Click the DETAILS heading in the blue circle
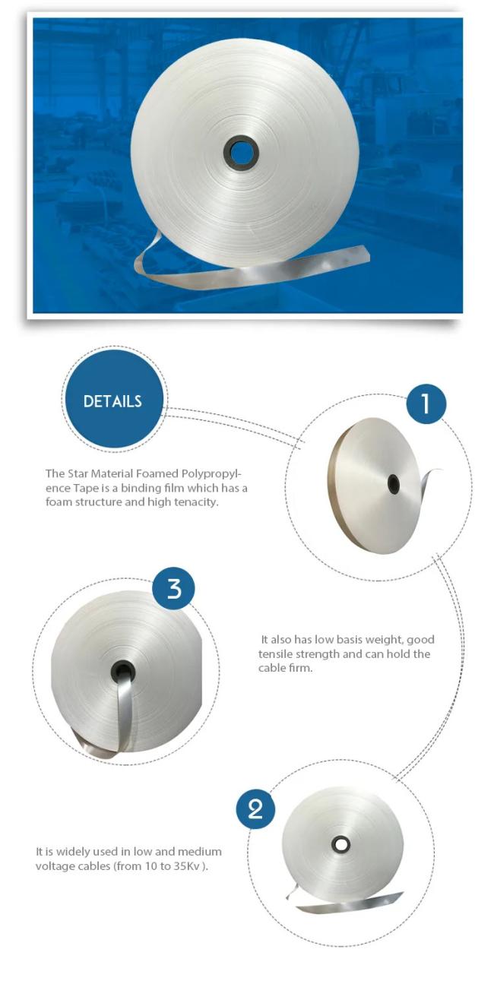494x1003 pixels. coord(112,401)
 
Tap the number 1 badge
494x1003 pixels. coord(426,403)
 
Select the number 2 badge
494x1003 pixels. coord(255,809)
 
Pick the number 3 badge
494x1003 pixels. coord(174,588)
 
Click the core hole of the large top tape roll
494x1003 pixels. coord(242,153)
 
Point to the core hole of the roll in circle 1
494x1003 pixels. coord(394,485)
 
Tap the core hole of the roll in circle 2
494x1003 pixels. coord(341,844)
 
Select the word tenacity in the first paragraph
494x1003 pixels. coord(198,502)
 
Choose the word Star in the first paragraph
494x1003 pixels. coord(78,473)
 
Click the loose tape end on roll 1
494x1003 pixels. coord(430,483)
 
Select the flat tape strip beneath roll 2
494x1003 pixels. coord(348,906)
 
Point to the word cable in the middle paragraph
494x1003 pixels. coord(270,668)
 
